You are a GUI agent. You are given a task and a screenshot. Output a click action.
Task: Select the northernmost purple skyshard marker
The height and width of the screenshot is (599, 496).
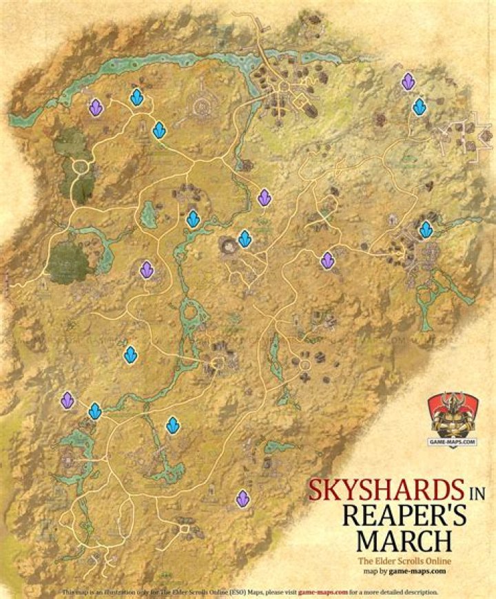pyautogui.click(x=409, y=83)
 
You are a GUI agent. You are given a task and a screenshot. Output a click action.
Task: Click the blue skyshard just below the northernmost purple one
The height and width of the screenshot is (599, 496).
pyautogui.click(x=419, y=107)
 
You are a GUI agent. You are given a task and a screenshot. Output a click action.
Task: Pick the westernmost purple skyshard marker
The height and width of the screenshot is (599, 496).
pyautogui.click(x=68, y=399)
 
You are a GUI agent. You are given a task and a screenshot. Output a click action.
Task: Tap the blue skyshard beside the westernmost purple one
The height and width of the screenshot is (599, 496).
pyautogui.click(x=95, y=411)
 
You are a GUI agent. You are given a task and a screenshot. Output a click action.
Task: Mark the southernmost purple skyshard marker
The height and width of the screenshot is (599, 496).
pyautogui.click(x=242, y=498)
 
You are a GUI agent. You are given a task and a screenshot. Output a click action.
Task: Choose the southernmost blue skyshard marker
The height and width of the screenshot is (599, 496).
pyautogui.click(x=173, y=426)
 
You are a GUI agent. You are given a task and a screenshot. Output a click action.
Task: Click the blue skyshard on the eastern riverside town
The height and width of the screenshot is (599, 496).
pyautogui.click(x=426, y=229)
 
